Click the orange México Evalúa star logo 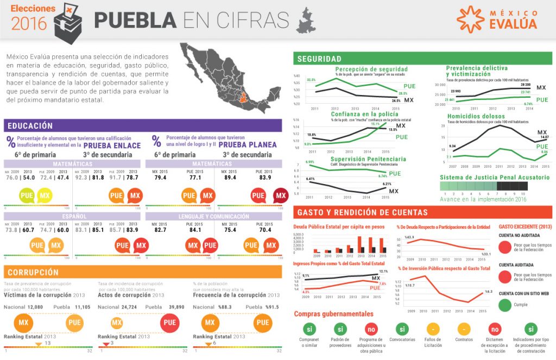coord(470,18)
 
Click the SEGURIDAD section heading coord(319,59)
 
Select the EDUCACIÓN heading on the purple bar coord(30,126)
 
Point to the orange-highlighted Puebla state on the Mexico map coord(246,99)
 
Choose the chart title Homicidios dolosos coord(476,116)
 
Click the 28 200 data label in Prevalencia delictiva coord(525,85)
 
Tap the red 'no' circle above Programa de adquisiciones coord(371,329)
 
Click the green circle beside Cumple coord(506,305)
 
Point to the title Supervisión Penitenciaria coord(368,159)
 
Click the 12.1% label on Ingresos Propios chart coord(383,271)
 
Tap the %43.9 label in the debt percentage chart coord(409,237)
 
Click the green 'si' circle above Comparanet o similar coord(309,329)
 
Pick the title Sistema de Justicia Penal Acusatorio coord(494,178)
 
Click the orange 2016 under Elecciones coord(29,23)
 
